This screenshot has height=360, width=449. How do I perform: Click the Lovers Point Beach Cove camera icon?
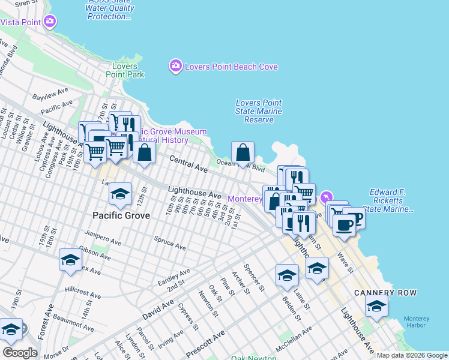[175, 66]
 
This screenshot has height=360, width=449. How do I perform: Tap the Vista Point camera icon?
[50, 22]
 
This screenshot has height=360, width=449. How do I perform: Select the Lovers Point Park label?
[125, 70]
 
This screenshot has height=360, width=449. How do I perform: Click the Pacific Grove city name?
[121, 215]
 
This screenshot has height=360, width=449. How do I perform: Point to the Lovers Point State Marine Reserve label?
[259, 111]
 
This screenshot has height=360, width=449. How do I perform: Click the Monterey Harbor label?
[416, 322]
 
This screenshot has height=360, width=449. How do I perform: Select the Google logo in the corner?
[20, 353]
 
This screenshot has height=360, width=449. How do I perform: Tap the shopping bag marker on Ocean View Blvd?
[243, 153]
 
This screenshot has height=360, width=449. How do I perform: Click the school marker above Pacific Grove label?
[120, 194]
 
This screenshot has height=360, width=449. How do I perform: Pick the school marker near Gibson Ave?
[70, 260]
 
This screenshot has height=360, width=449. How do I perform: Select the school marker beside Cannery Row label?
[376, 307]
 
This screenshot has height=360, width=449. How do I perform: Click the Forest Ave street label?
[44, 324]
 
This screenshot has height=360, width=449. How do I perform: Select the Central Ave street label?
[188, 161]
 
